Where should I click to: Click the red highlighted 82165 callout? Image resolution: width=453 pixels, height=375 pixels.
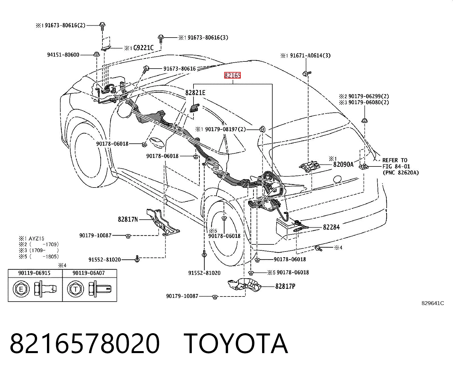tap(232, 75)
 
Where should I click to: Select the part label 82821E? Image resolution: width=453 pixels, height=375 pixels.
tap(195, 93)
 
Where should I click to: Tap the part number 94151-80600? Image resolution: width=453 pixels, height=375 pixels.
tap(63, 55)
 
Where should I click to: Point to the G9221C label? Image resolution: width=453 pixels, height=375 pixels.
tap(143, 48)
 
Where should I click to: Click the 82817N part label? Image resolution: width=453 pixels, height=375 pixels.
tap(128, 219)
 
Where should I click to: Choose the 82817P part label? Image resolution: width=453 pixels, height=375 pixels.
tap(285, 286)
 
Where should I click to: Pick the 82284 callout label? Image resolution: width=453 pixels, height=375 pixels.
tap(331, 227)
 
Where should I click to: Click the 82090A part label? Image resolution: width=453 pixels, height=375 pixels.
tap(343, 164)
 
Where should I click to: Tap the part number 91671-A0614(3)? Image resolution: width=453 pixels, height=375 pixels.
tap(310, 55)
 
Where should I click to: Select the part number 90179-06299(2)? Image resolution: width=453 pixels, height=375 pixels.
tap(368, 96)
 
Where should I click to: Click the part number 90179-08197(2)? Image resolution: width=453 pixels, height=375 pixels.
tap(225, 129)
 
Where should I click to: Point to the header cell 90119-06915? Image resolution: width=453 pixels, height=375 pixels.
tap(34, 273)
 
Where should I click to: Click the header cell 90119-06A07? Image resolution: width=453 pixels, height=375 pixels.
tap(88, 273)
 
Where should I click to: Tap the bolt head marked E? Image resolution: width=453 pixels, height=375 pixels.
tap(21, 289)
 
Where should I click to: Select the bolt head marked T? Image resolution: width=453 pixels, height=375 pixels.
tap(75, 289)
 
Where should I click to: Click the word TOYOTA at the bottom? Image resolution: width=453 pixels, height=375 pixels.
tap(236, 343)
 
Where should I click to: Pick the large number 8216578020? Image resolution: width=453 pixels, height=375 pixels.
tap(85, 343)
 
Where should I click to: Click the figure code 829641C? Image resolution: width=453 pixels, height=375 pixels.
tap(433, 303)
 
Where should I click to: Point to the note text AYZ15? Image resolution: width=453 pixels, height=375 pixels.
tap(36, 238)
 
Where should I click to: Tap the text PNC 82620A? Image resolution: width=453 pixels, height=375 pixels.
tap(400, 173)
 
